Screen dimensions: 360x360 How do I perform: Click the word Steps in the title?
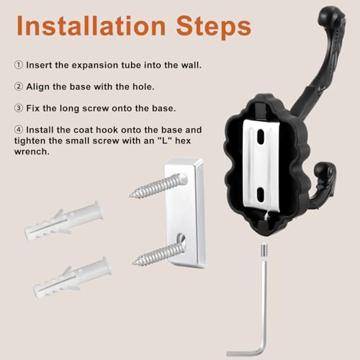pyautogui.click(x=212, y=27)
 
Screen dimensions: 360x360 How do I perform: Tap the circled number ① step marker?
pyautogui.click(x=17, y=65)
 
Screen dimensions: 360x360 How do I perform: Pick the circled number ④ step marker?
pyautogui.click(x=17, y=130)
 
